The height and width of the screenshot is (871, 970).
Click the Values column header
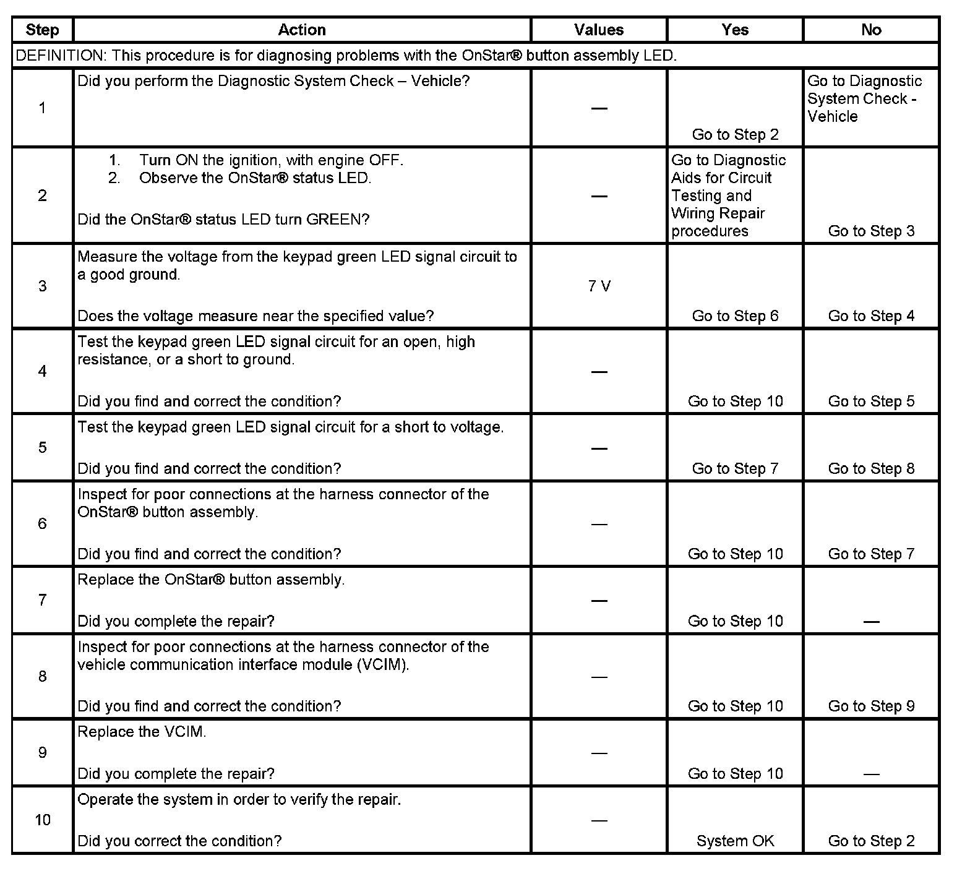(x=598, y=30)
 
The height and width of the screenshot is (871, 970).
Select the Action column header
(x=301, y=30)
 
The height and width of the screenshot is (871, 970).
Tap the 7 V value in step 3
(x=599, y=286)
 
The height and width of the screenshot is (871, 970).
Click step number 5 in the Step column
(x=42, y=447)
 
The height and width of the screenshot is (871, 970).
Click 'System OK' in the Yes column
(x=735, y=841)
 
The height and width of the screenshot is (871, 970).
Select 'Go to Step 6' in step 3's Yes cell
(x=735, y=316)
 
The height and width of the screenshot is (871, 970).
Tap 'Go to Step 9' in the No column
(x=871, y=706)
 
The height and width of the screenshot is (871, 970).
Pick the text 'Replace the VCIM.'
(x=142, y=732)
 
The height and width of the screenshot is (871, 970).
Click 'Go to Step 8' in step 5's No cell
(x=871, y=468)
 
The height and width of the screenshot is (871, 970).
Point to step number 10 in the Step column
(x=42, y=820)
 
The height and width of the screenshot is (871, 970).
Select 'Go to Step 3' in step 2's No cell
(x=871, y=231)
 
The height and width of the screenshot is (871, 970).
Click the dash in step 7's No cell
(x=871, y=621)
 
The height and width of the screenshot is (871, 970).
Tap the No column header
(x=871, y=30)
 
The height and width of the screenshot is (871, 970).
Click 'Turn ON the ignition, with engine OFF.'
(x=271, y=160)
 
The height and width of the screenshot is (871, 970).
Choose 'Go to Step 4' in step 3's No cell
(x=871, y=316)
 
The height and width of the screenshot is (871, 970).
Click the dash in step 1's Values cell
(x=599, y=108)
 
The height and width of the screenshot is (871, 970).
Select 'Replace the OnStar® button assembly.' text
(x=211, y=580)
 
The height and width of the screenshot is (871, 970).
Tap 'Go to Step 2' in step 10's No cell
(x=871, y=841)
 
